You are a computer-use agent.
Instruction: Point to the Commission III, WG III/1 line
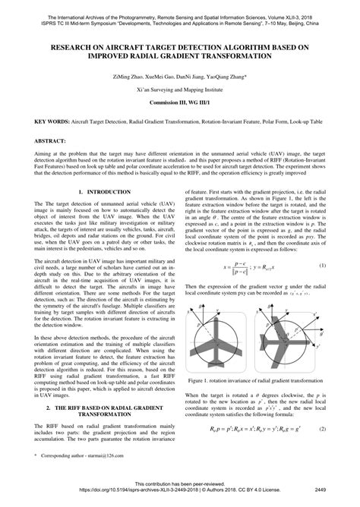pyautogui.click(x=180, y=102)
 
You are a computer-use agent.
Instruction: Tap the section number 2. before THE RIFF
pyautogui.click(x=48, y=408)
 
